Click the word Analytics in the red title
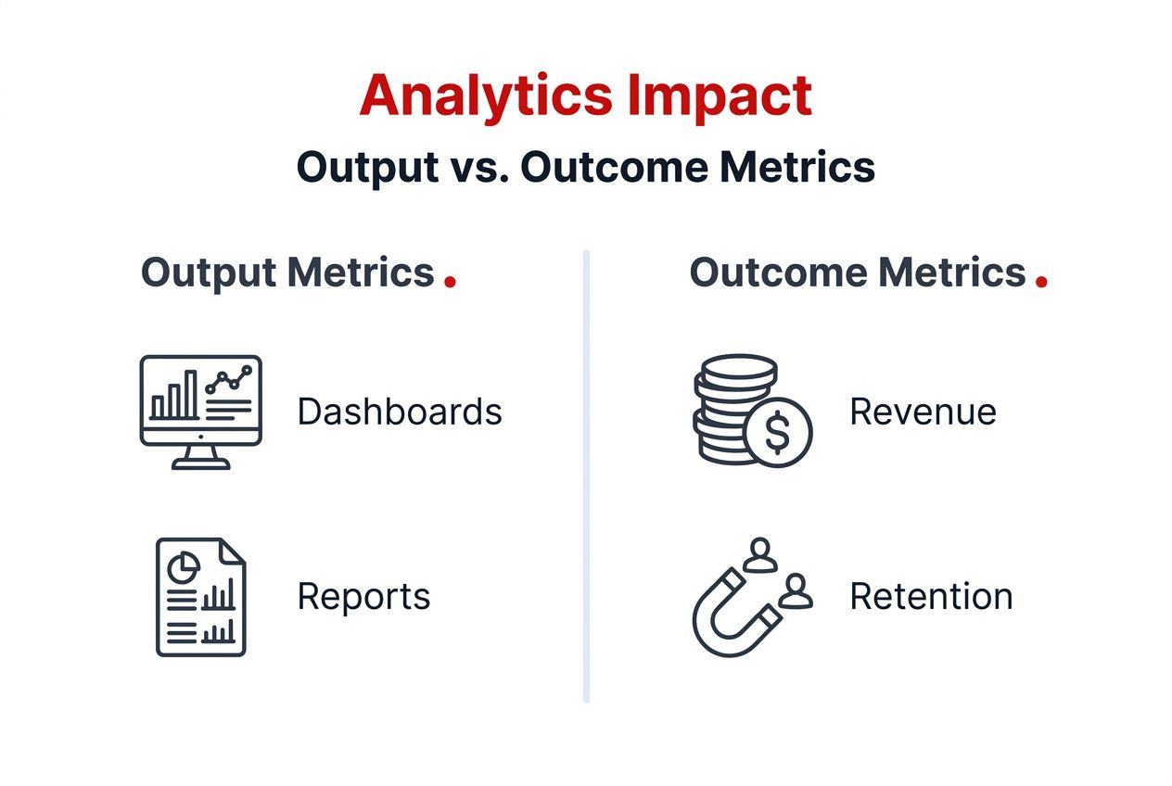485,95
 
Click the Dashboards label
400,412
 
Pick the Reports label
363,596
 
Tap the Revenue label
923,412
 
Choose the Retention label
931,596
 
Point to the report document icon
200,597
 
